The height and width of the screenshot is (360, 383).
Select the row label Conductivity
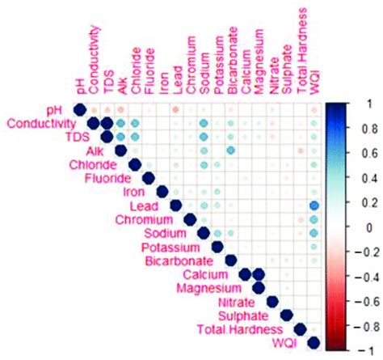pos(44,124)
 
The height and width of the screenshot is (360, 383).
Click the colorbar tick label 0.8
pos(365,127)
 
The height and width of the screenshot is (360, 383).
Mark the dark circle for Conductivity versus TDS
pos(107,123)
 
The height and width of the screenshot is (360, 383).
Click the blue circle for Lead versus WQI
pos(314,206)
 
